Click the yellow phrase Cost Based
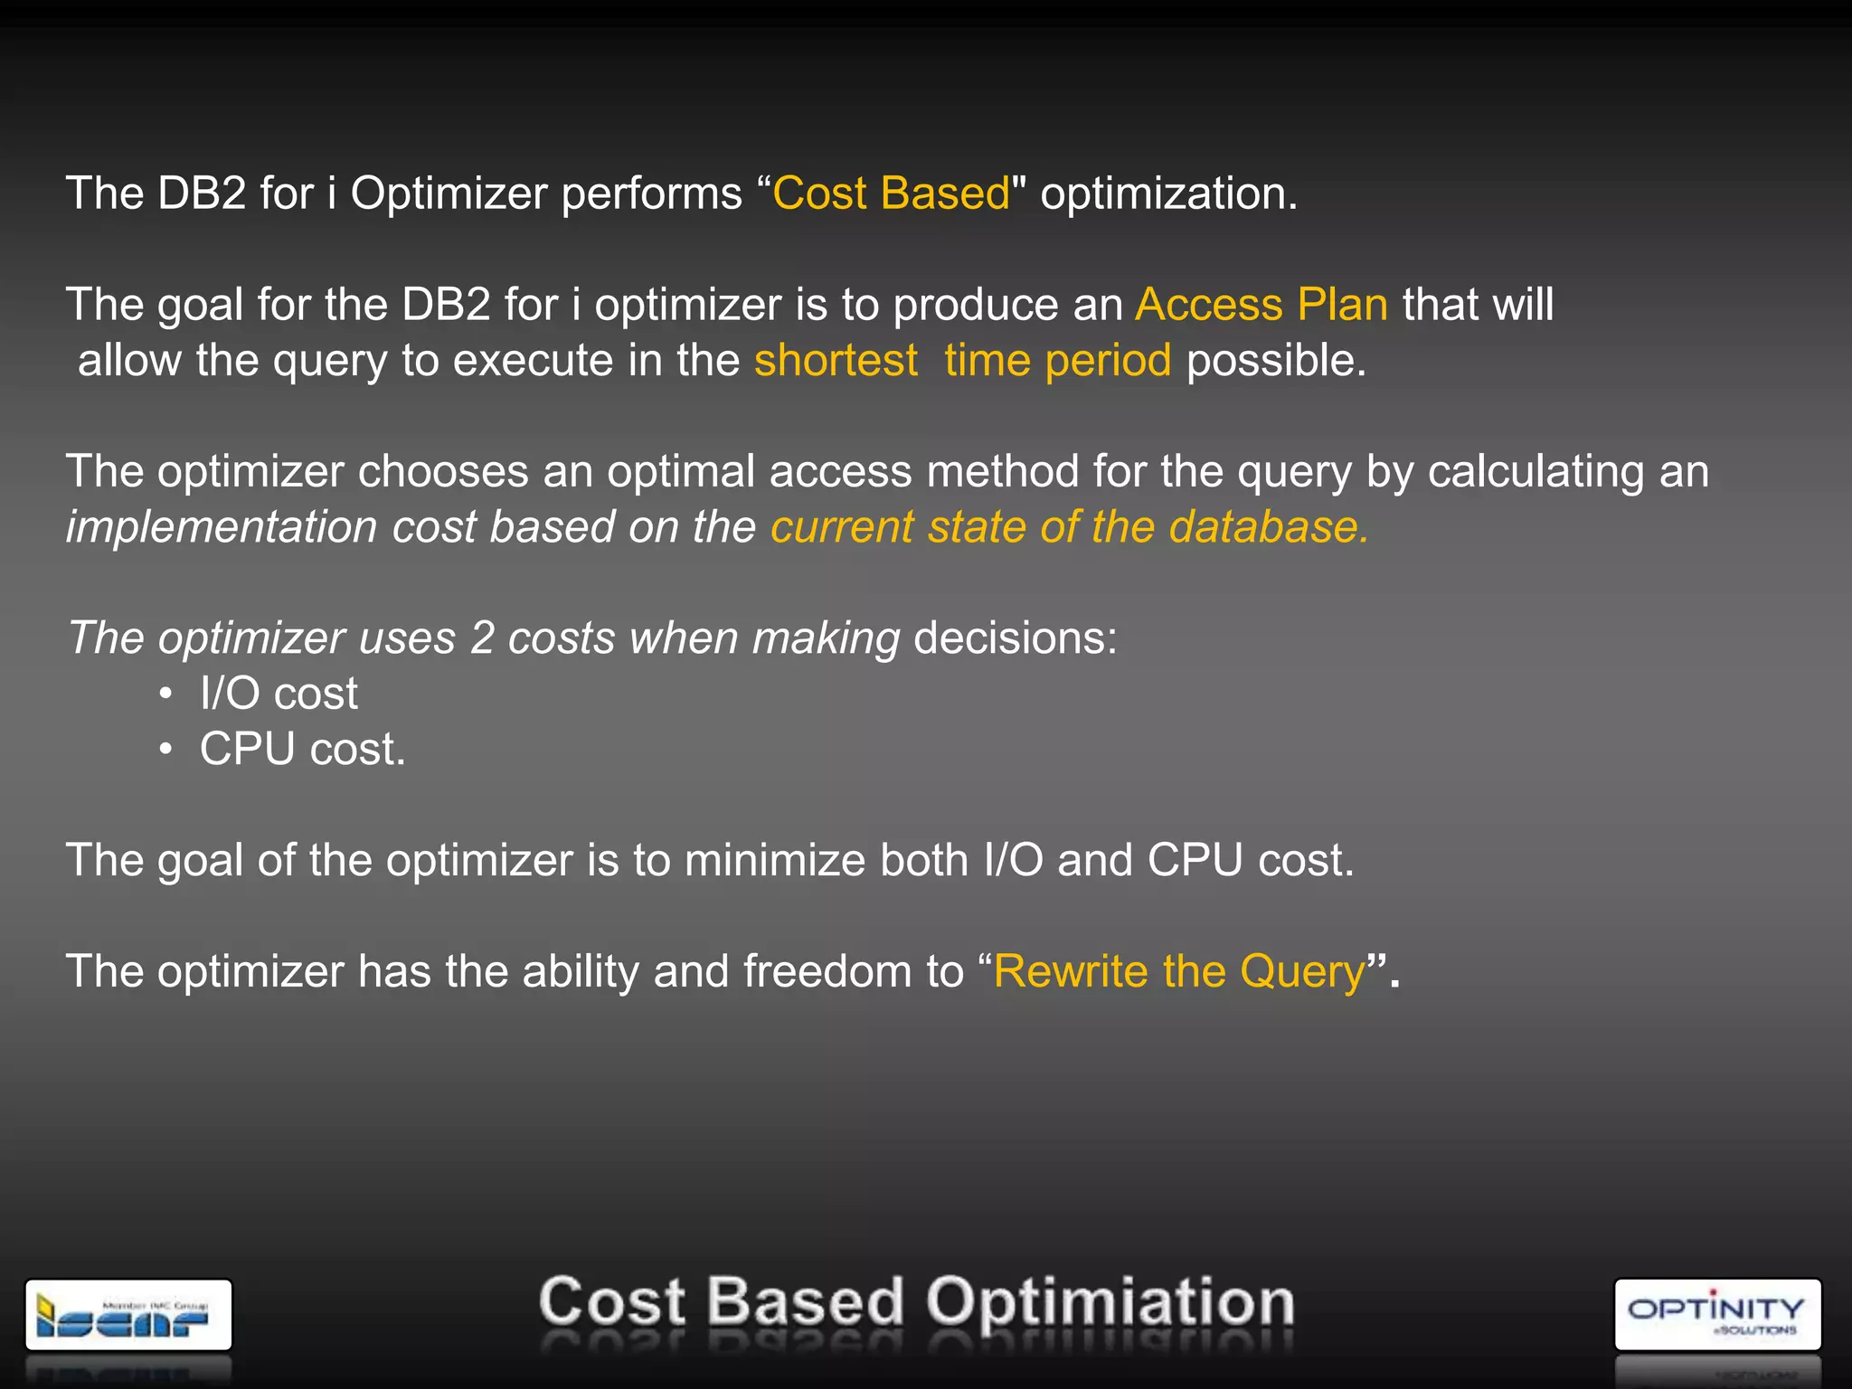click(891, 194)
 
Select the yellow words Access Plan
click(1261, 305)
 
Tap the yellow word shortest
click(836, 361)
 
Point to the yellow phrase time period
click(1058, 361)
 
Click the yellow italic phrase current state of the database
click(1069, 527)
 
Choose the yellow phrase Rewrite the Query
click(1179, 972)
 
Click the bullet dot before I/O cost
click(165, 694)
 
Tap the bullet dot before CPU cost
click(165, 750)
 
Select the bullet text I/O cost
click(279, 694)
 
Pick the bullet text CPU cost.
click(302, 750)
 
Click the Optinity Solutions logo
click(1716, 1315)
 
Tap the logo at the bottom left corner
click(128, 1315)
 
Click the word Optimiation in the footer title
click(1110, 1303)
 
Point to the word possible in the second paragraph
click(1275, 361)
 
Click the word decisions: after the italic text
click(1016, 638)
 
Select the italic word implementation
click(222, 527)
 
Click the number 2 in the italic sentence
click(482, 638)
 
